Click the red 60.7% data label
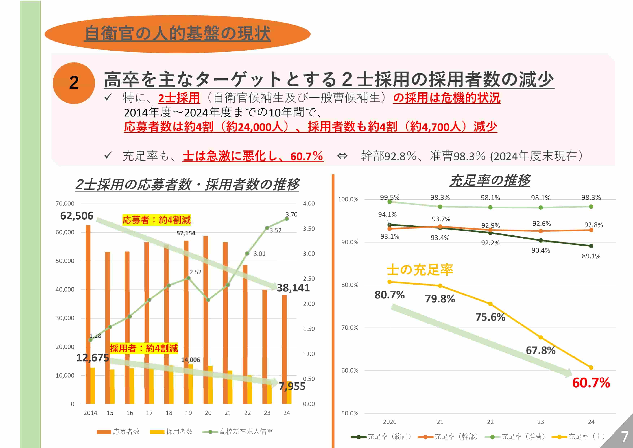591,383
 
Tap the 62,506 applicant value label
77,216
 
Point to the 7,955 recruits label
292,386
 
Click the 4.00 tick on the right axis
309,204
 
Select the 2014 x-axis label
90,413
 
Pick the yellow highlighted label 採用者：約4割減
144,348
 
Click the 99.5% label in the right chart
390,198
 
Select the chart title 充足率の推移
490,180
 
